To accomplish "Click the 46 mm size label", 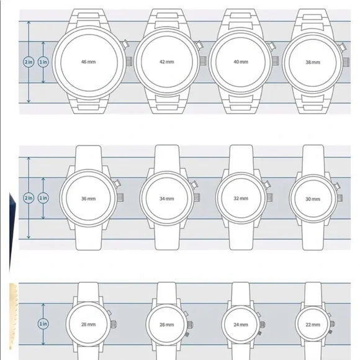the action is pyautogui.click(x=88, y=62).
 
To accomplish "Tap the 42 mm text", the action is pyautogui.click(x=167, y=62).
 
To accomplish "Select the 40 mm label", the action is pyautogui.click(x=241, y=62).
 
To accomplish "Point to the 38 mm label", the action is pyautogui.click(x=313, y=62).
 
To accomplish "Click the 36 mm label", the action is pyautogui.click(x=88, y=199).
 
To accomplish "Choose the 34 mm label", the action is pyautogui.click(x=167, y=199).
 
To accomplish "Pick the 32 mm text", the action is pyautogui.click(x=241, y=199).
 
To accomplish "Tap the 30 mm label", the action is pyautogui.click(x=313, y=199).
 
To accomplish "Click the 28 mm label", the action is pyautogui.click(x=88, y=325).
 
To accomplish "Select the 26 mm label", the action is pyautogui.click(x=167, y=325).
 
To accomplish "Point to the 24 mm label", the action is pyautogui.click(x=241, y=325).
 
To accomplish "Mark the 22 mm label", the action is pyautogui.click(x=313, y=325).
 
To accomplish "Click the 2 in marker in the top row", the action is pyautogui.click(x=29, y=62).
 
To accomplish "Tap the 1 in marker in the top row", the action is pyautogui.click(x=43, y=62).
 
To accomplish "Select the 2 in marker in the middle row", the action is pyautogui.click(x=29, y=198).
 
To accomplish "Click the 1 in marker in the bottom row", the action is pyautogui.click(x=43, y=324).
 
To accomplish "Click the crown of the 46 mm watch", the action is pyautogui.click(x=129, y=61).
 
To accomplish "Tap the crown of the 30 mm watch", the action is pyautogui.click(x=340, y=198).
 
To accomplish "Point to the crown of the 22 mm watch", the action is pyautogui.click(x=333, y=324).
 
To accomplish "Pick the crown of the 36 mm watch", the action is pyautogui.click(x=121, y=197).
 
